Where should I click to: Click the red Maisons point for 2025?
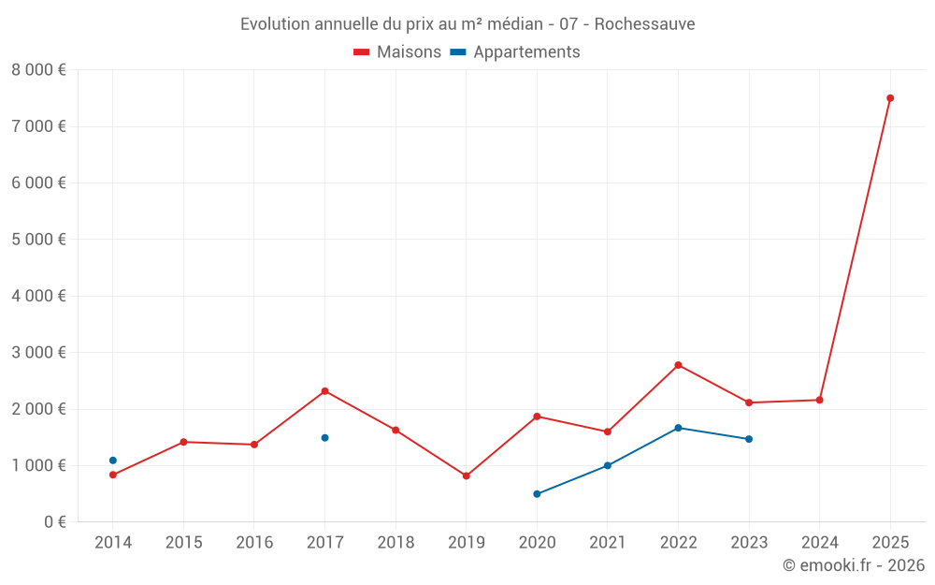click(x=890, y=98)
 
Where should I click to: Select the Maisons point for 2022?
click(x=678, y=365)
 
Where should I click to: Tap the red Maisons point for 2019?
click(x=466, y=475)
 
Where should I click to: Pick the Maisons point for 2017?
click(x=324, y=391)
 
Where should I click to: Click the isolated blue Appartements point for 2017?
click(x=324, y=438)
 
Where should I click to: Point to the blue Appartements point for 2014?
click(x=113, y=461)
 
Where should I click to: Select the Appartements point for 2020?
click(x=537, y=494)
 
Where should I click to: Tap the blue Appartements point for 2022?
click(x=678, y=428)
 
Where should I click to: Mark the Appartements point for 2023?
click(x=749, y=439)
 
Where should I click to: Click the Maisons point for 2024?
click(x=819, y=400)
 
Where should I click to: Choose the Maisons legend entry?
click(x=397, y=52)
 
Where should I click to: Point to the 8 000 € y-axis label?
click(x=38, y=70)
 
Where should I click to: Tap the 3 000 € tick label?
click(x=38, y=353)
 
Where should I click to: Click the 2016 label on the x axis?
click(x=254, y=543)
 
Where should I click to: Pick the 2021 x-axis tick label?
click(x=608, y=543)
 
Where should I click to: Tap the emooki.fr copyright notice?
click(x=853, y=565)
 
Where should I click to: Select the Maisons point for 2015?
click(x=183, y=442)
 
